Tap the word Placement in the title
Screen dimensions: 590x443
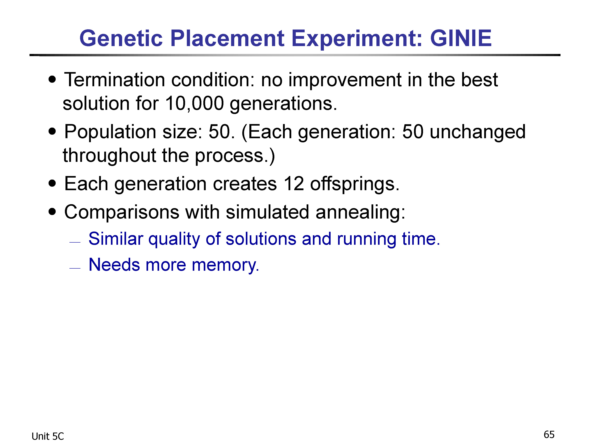[x=227, y=38]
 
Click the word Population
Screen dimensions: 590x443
[x=110, y=132]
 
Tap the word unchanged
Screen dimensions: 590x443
[x=478, y=132]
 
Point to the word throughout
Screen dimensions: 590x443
[x=109, y=156]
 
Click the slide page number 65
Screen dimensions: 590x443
[x=549, y=435]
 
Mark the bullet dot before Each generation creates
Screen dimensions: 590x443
[x=53, y=184]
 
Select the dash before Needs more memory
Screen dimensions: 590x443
[x=75, y=268]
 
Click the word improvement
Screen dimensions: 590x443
[x=345, y=80]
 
